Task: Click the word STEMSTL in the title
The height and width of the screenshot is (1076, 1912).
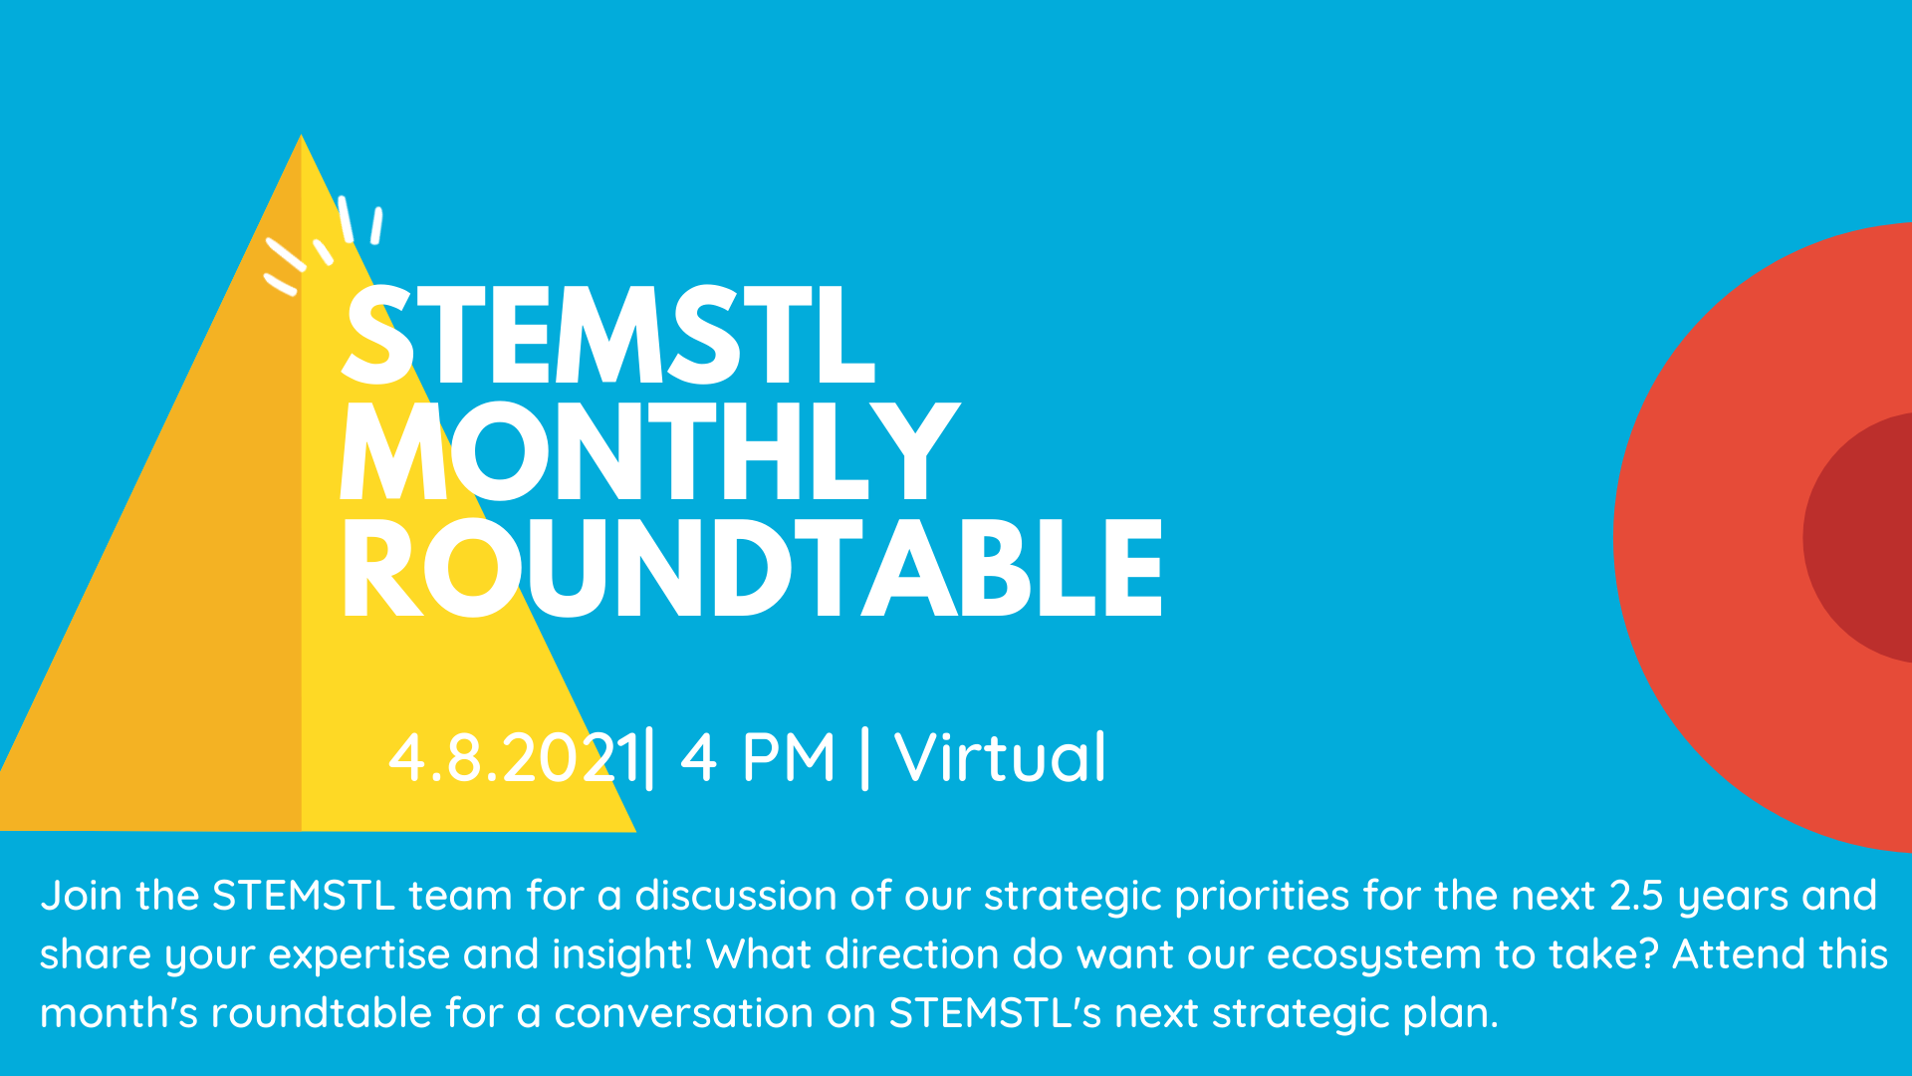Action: (607, 337)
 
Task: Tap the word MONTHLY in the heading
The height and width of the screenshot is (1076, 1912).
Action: (649, 453)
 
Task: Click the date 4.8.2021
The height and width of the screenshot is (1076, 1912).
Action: (513, 758)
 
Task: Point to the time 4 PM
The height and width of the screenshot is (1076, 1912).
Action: (758, 758)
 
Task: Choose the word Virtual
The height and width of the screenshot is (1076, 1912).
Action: (1001, 758)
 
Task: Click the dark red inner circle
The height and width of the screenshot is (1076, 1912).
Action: (1862, 538)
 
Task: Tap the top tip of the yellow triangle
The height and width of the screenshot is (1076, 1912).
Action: (302, 139)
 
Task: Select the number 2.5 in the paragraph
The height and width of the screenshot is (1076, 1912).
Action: (1636, 896)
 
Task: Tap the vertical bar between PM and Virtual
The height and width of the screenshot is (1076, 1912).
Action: (864, 758)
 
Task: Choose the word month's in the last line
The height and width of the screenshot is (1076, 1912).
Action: (119, 1013)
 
